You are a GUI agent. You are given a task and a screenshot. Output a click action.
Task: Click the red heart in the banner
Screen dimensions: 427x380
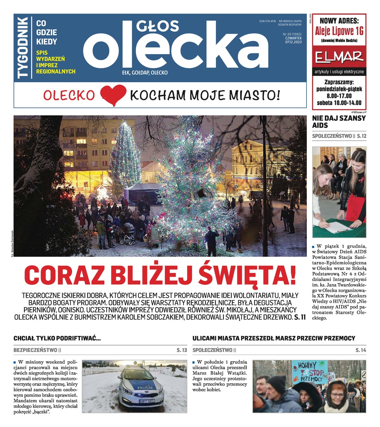click(113, 95)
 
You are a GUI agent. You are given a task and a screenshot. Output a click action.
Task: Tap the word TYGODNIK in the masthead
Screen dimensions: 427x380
click(23, 48)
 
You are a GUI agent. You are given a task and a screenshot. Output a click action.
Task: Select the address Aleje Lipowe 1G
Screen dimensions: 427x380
click(339, 31)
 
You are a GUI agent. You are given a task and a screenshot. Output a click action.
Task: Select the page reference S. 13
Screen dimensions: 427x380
click(181, 350)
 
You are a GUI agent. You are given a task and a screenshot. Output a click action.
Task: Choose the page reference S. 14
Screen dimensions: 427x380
click(360, 350)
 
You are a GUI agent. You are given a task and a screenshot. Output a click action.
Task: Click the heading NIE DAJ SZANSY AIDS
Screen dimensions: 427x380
click(338, 122)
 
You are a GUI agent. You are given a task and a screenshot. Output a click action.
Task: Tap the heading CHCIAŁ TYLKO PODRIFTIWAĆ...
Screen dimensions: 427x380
click(57, 338)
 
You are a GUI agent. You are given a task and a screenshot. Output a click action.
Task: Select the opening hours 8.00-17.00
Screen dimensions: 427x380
click(339, 96)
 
